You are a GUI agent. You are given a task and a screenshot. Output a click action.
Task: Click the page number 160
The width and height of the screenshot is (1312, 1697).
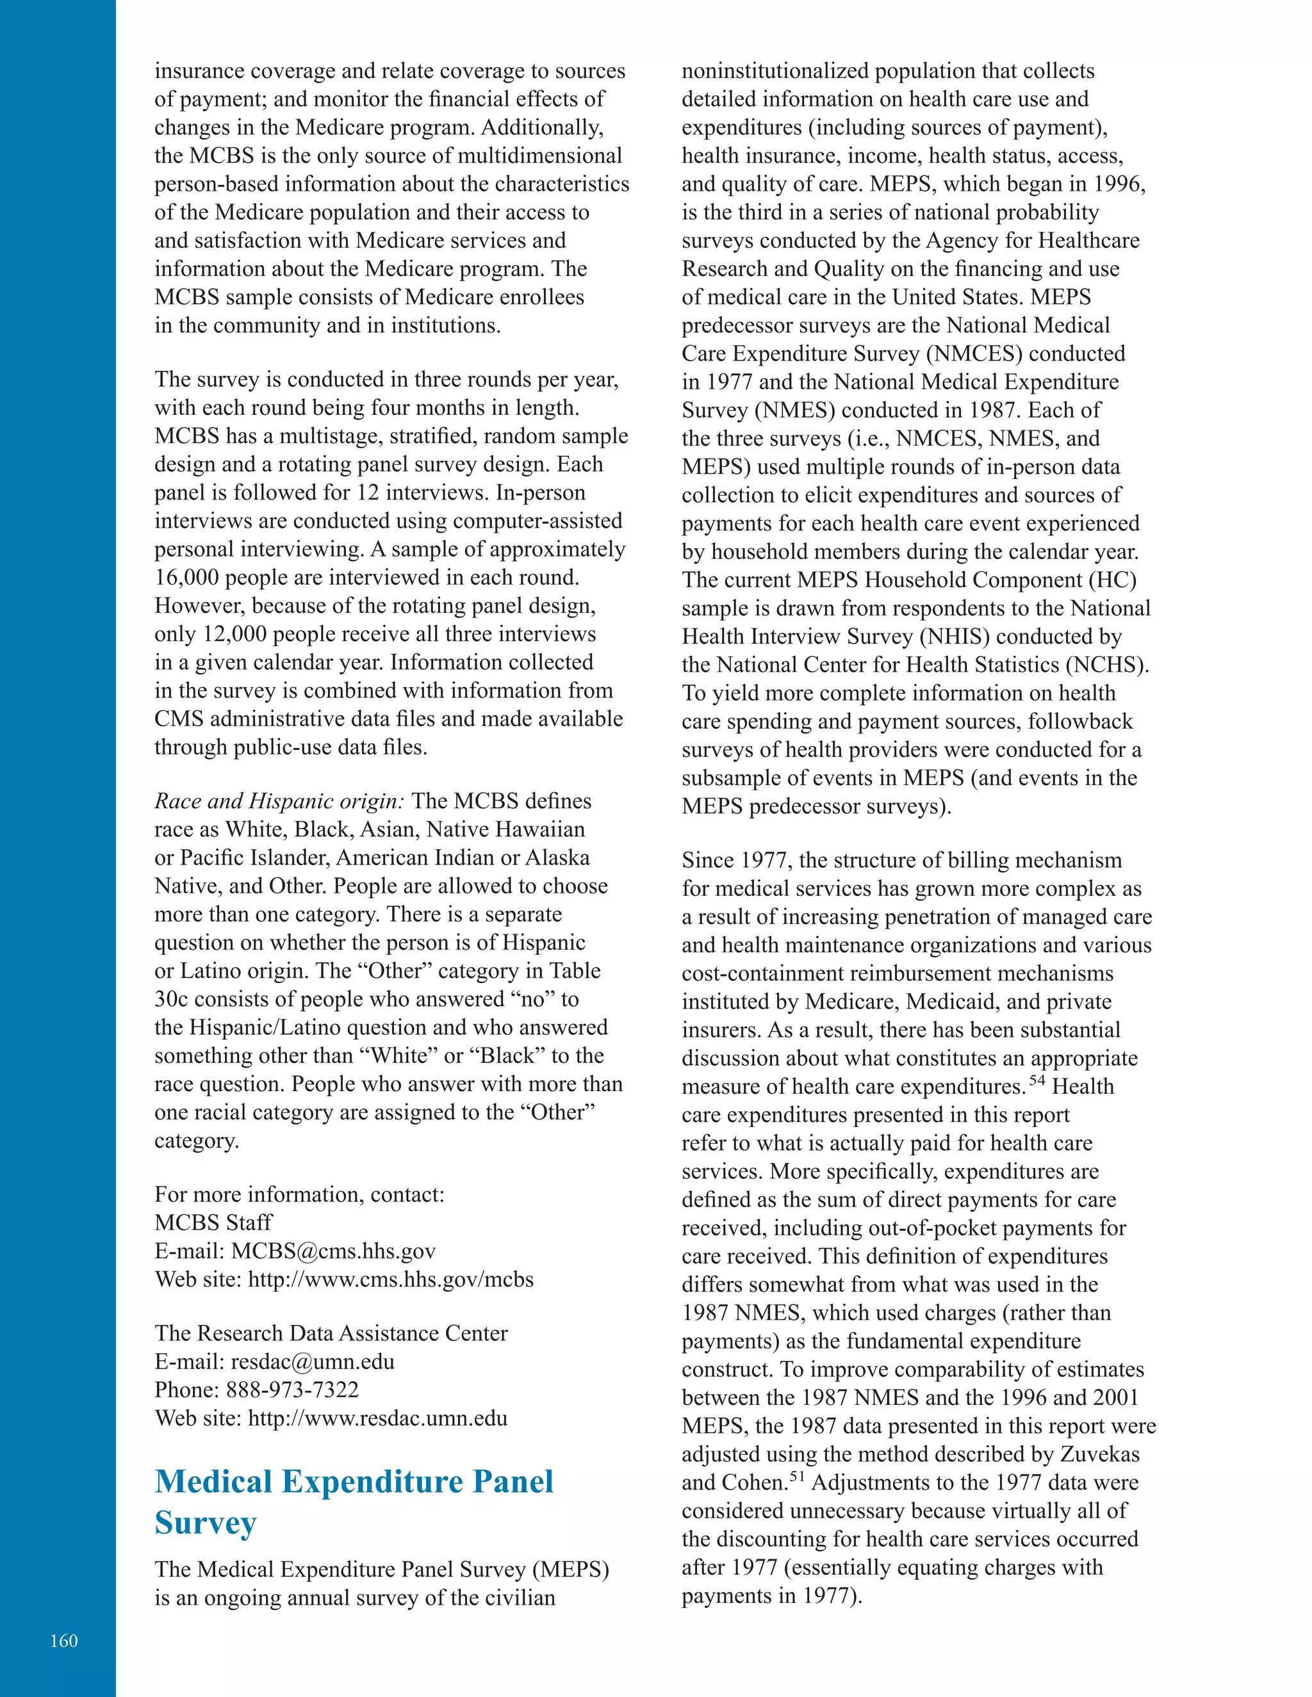[63, 1640]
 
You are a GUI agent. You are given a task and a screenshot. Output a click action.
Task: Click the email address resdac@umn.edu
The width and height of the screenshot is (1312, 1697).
[313, 1361]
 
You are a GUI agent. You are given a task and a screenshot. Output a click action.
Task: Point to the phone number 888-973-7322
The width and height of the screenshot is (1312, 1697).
[292, 1390]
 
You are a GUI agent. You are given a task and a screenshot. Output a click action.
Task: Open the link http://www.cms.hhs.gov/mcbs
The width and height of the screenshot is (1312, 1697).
[390, 1279]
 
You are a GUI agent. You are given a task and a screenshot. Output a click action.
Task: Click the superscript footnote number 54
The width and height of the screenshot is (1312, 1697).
[1037, 1080]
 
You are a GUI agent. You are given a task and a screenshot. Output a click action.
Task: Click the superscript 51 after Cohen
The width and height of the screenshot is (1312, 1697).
[798, 1476]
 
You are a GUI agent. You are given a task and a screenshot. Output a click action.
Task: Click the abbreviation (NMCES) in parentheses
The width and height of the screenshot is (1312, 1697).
[974, 353]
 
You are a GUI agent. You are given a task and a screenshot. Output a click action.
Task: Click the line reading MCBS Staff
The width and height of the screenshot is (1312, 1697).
[213, 1222]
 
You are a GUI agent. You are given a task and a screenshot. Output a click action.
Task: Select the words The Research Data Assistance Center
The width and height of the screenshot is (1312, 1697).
[331, 1333]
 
